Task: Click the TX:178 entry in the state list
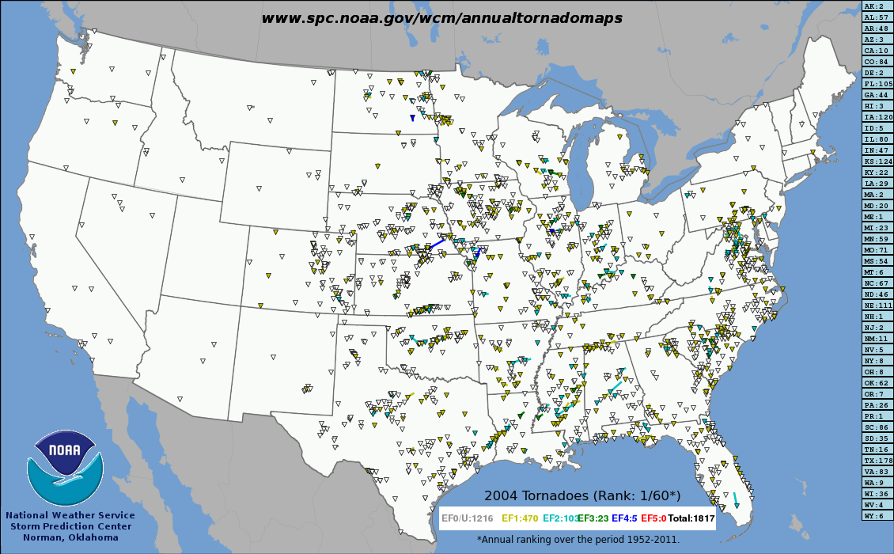click(x=877, y=461)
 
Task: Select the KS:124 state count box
click(x=877, y=161)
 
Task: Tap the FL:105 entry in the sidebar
click(x=877, y=84)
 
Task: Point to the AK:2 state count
click(x=877, y=6)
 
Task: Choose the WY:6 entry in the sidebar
click(x=877, y=516)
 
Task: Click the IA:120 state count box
click(x=877, y=117)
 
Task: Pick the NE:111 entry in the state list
click(x=877, y=306)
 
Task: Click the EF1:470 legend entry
click(x=519, y=518)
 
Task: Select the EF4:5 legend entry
click(x=624, y=518)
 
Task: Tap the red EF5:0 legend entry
click(x=653, y=518)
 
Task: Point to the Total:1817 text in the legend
click(x=691, y=518)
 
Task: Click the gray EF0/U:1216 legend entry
click(x=467, y=518)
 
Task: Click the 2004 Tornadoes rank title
click(x=582, y=496)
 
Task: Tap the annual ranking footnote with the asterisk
click(x=578, y=539)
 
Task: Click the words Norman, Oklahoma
click(x=71, y=537)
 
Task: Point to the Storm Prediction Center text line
click(x=71, y=527)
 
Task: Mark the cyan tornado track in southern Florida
click(x=736, y=500)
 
